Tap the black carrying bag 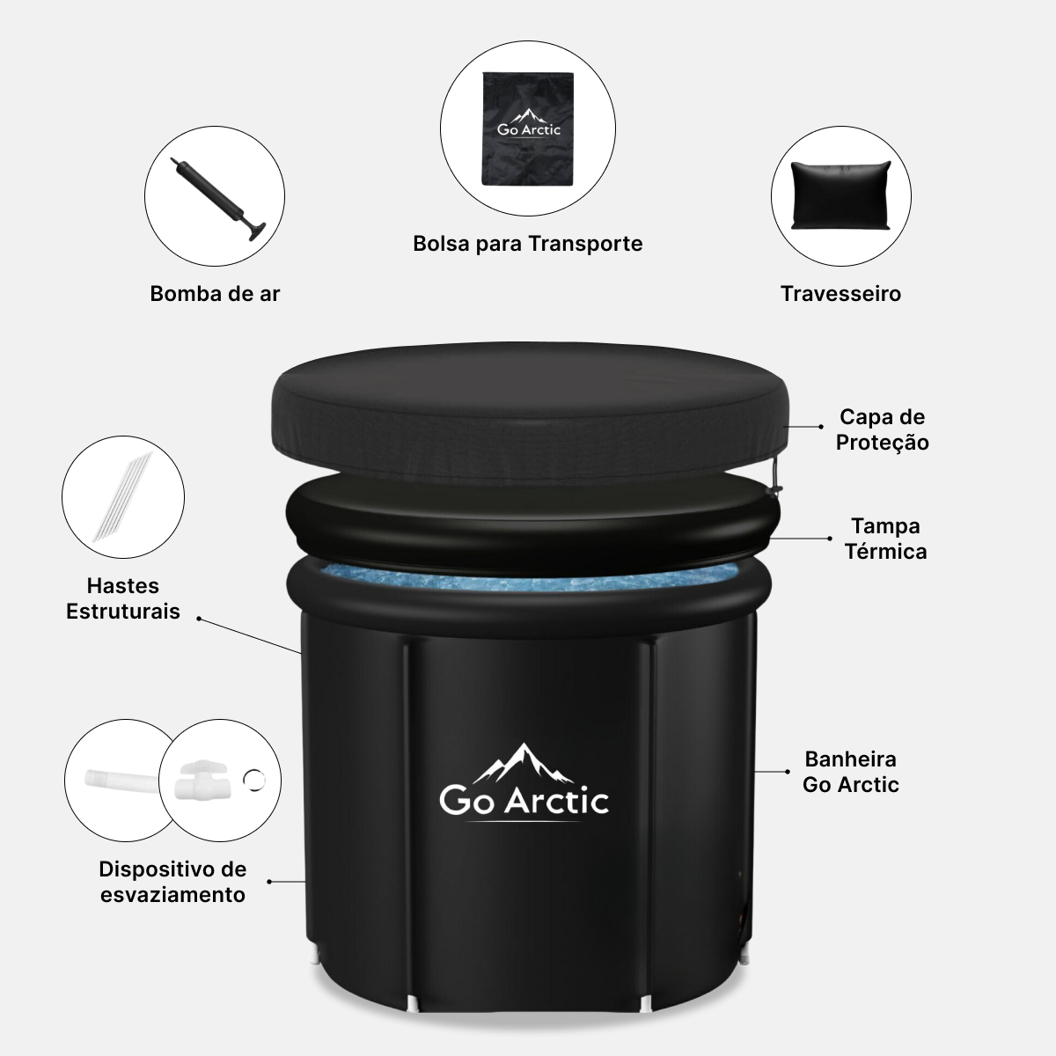pos(528,128)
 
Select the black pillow pos(841,195)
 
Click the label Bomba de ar pos(215,294)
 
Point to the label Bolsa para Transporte pos(528,243)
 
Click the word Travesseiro pos(840,294)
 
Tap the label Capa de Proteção pos(883,429)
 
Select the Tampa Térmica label pos(885,539)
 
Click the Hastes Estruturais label pos(122,598)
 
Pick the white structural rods pos(122,496)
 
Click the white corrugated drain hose pos(122,781)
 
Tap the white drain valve pos(202,780)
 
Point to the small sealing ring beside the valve pos(253,780)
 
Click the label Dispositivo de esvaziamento pos(172,882)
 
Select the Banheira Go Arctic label pos(850,772)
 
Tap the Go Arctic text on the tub pos(524,801)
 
